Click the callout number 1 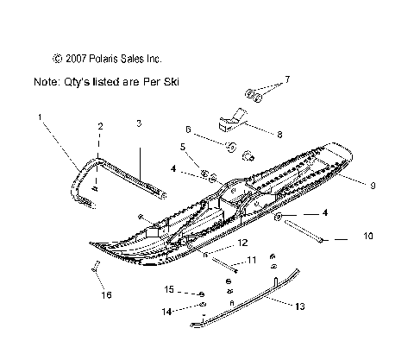coord(40,117)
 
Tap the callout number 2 coord(100,126)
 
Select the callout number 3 coord(139,123)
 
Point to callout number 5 coord(183,147)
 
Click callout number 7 coord(287,79)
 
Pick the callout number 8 coord(279,135)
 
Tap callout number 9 coord(373,186)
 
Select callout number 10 coord(368,236)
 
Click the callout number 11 coord(252,260)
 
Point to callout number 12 coord(242,243)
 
